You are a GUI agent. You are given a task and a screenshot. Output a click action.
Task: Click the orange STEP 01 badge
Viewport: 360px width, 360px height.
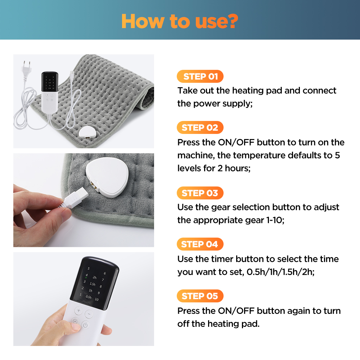200,76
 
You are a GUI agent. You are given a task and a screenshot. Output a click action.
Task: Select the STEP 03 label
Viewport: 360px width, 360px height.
200,193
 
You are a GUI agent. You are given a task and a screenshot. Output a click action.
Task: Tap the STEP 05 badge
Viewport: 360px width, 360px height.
200,296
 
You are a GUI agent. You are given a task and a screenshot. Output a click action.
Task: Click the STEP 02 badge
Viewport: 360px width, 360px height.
200,127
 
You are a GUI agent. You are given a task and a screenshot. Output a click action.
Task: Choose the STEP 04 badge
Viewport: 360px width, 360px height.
200,244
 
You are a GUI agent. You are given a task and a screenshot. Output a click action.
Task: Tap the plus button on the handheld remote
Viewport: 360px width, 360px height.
78,310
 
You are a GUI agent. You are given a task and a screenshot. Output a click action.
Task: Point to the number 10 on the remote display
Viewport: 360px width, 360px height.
96,299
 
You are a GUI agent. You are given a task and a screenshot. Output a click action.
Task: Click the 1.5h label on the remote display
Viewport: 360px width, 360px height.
93,284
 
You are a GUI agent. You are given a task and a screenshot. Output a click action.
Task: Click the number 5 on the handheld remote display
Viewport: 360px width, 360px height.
89,269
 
